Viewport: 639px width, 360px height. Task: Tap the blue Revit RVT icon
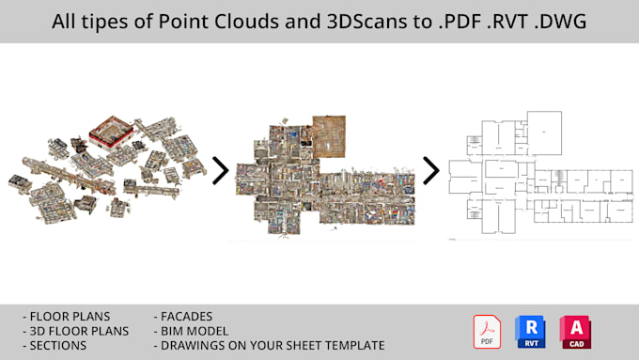(x=531, y=332)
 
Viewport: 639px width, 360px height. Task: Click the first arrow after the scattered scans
(x=220, y=170)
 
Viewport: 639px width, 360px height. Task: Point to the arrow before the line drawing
(x=431, y=170)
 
